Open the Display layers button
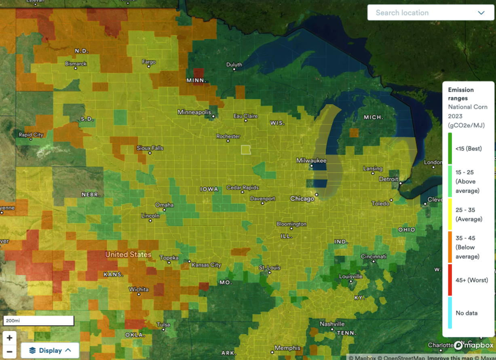[50, 350]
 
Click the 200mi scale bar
[38, 320]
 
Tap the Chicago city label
[302, 199]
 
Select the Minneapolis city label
[194, 112]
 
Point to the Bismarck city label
[76, 64]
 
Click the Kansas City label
[206, 265]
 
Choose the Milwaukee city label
[311, 161]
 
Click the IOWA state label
[209, 189]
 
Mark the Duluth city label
[234, 65]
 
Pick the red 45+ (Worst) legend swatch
[450, 280]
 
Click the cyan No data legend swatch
[450, 313]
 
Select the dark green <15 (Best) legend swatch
[450, 149]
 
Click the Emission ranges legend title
[461, 94]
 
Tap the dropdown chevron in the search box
[481, 13]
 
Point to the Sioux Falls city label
[150, 148]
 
